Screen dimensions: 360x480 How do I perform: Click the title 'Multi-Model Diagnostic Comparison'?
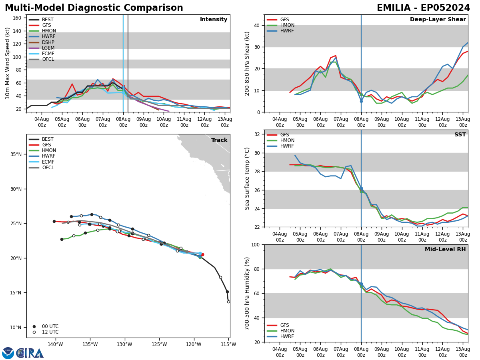pyautogui.click(x=94, y=8)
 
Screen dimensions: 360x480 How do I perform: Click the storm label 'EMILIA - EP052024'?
pyautogui.click(x=423, y=8)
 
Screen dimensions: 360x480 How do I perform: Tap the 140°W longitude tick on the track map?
pyautogui.click(x=55, y=344)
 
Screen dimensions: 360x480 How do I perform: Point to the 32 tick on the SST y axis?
pyautogui.click(x=257, y=134)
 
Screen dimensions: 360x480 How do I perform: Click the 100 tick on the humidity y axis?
pyautogui.click(x=256, y=244)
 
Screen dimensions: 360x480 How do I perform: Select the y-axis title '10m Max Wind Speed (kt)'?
pyautogui.click(x=8, y=63)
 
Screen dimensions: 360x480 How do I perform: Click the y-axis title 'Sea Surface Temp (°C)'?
pyautogui.click(x=247, y=178)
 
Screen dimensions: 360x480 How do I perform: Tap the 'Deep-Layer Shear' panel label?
pyautogui.click(x=438, y=20)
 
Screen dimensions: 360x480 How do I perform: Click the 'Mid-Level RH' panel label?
pyautogui.click(x=445, y=250)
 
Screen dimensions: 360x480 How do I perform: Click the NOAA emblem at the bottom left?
pyautogui.click(x=8, y=353)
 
